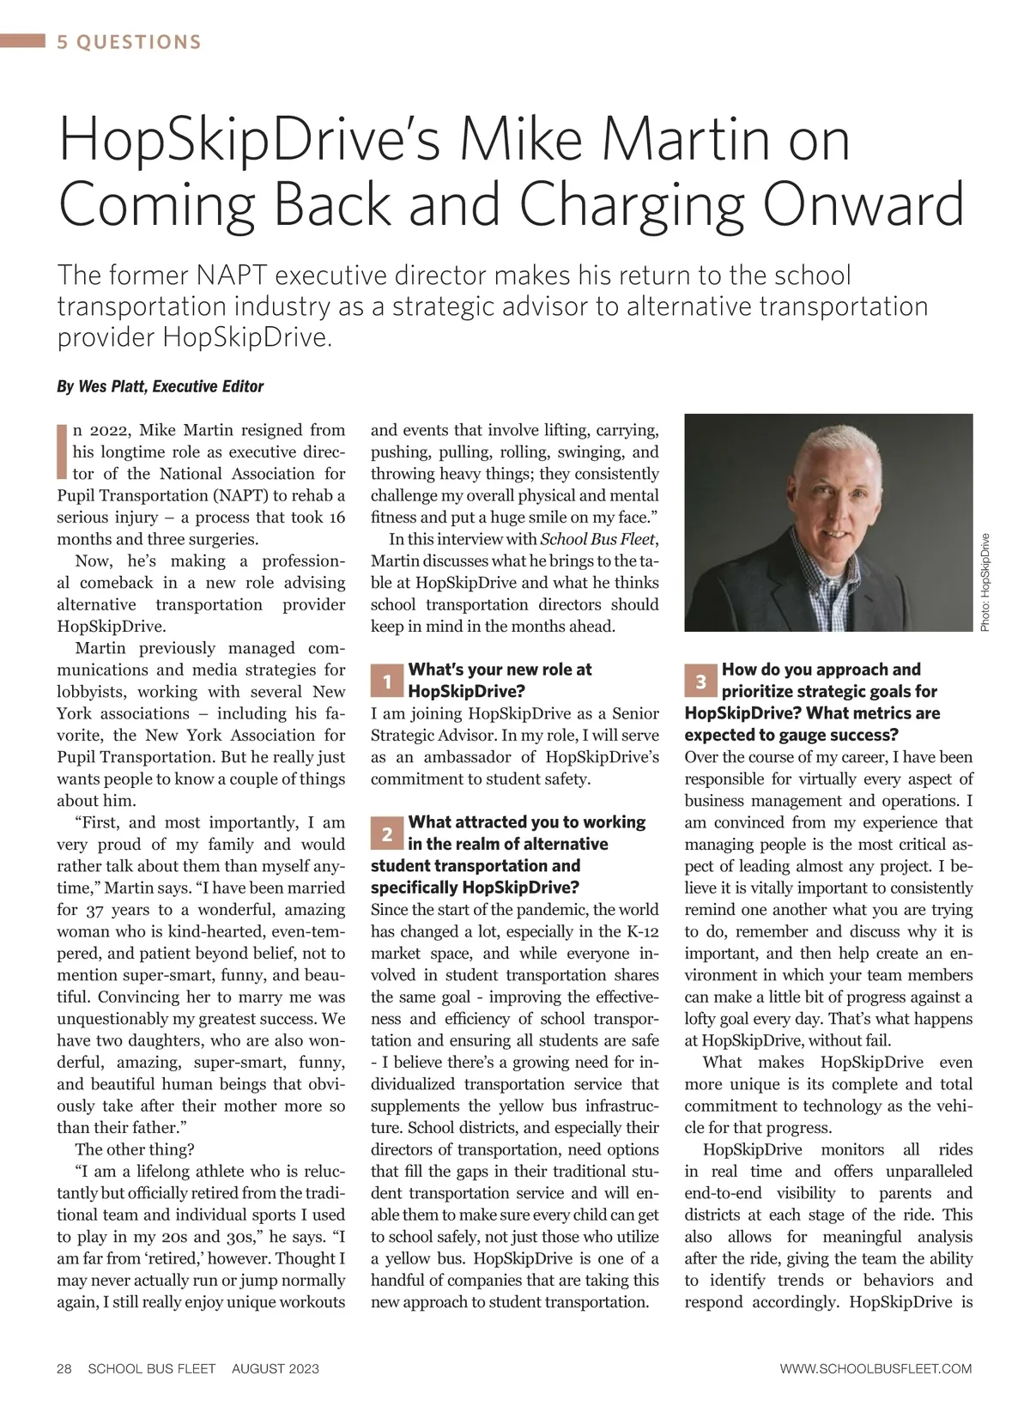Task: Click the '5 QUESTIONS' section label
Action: point(130,42)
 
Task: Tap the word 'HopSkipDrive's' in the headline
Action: point(249,141)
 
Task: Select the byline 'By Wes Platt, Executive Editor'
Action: point(160,386)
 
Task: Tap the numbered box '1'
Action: point(387,682)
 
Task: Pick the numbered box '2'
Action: point(387,834)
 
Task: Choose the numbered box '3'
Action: point(701,682)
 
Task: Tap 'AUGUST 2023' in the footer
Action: point(275,1368)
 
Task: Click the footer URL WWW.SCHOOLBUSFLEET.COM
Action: point(875,1368)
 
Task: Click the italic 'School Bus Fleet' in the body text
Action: point(597,539)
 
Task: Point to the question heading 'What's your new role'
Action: point(500,670)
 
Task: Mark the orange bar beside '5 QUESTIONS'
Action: point(23,41)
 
